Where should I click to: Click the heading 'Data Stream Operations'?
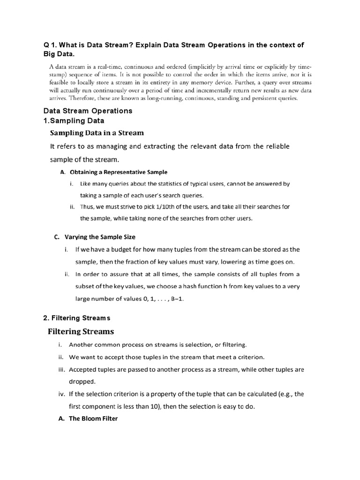(88, 111)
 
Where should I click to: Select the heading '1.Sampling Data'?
(74, 120)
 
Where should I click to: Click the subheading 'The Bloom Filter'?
(93, 418)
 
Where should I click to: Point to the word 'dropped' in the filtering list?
(82, 382)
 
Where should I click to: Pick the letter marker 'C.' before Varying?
(58, 237)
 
